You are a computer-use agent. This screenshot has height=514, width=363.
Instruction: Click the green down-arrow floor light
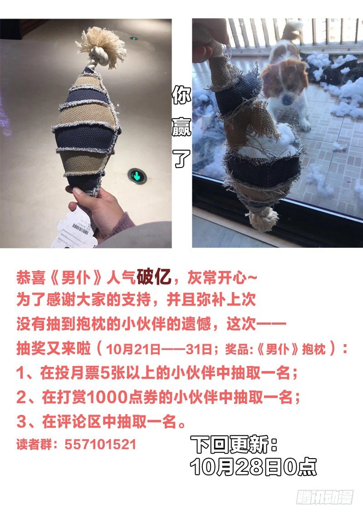tap(137, 176)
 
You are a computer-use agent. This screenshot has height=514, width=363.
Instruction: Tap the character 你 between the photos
tap(181, 95)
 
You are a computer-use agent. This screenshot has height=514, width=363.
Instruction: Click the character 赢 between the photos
tap(181, 127)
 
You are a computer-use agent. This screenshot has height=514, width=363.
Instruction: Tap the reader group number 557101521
tap(100, 445)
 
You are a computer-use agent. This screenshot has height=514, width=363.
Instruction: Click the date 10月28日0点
tap(253, 466)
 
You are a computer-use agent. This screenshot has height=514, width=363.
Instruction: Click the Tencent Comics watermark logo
tap(325, 497)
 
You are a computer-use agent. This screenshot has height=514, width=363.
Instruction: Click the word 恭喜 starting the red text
tap(31, 278)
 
